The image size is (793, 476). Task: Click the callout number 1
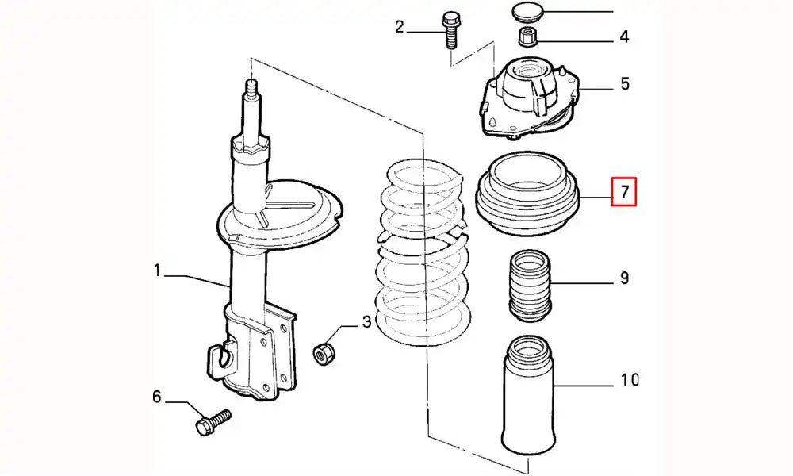pyautogui.click(x=157, y=272)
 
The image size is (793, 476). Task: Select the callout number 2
pyautogui.click(x=400, y=29)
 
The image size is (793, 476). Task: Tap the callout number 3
pyautogui.click(x=366, y=321)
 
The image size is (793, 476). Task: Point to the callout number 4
pyautogui.click(x=624, y=36)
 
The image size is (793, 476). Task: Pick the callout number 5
pyautogui.click(x=624, y=83)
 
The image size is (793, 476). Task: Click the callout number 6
pyautogui.click(x=157, y=396)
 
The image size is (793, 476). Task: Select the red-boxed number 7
pyautogui.click(x=624, y=191)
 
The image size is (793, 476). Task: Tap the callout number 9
pyautogui.click(x=624, y=278)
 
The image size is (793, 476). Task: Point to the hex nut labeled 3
pyautogui.click(x=323, y=352)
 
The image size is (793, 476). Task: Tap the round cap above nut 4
pyautogui.click(x=523, y=12)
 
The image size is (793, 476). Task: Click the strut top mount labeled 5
pyautogui.click(x=527, y=95)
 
